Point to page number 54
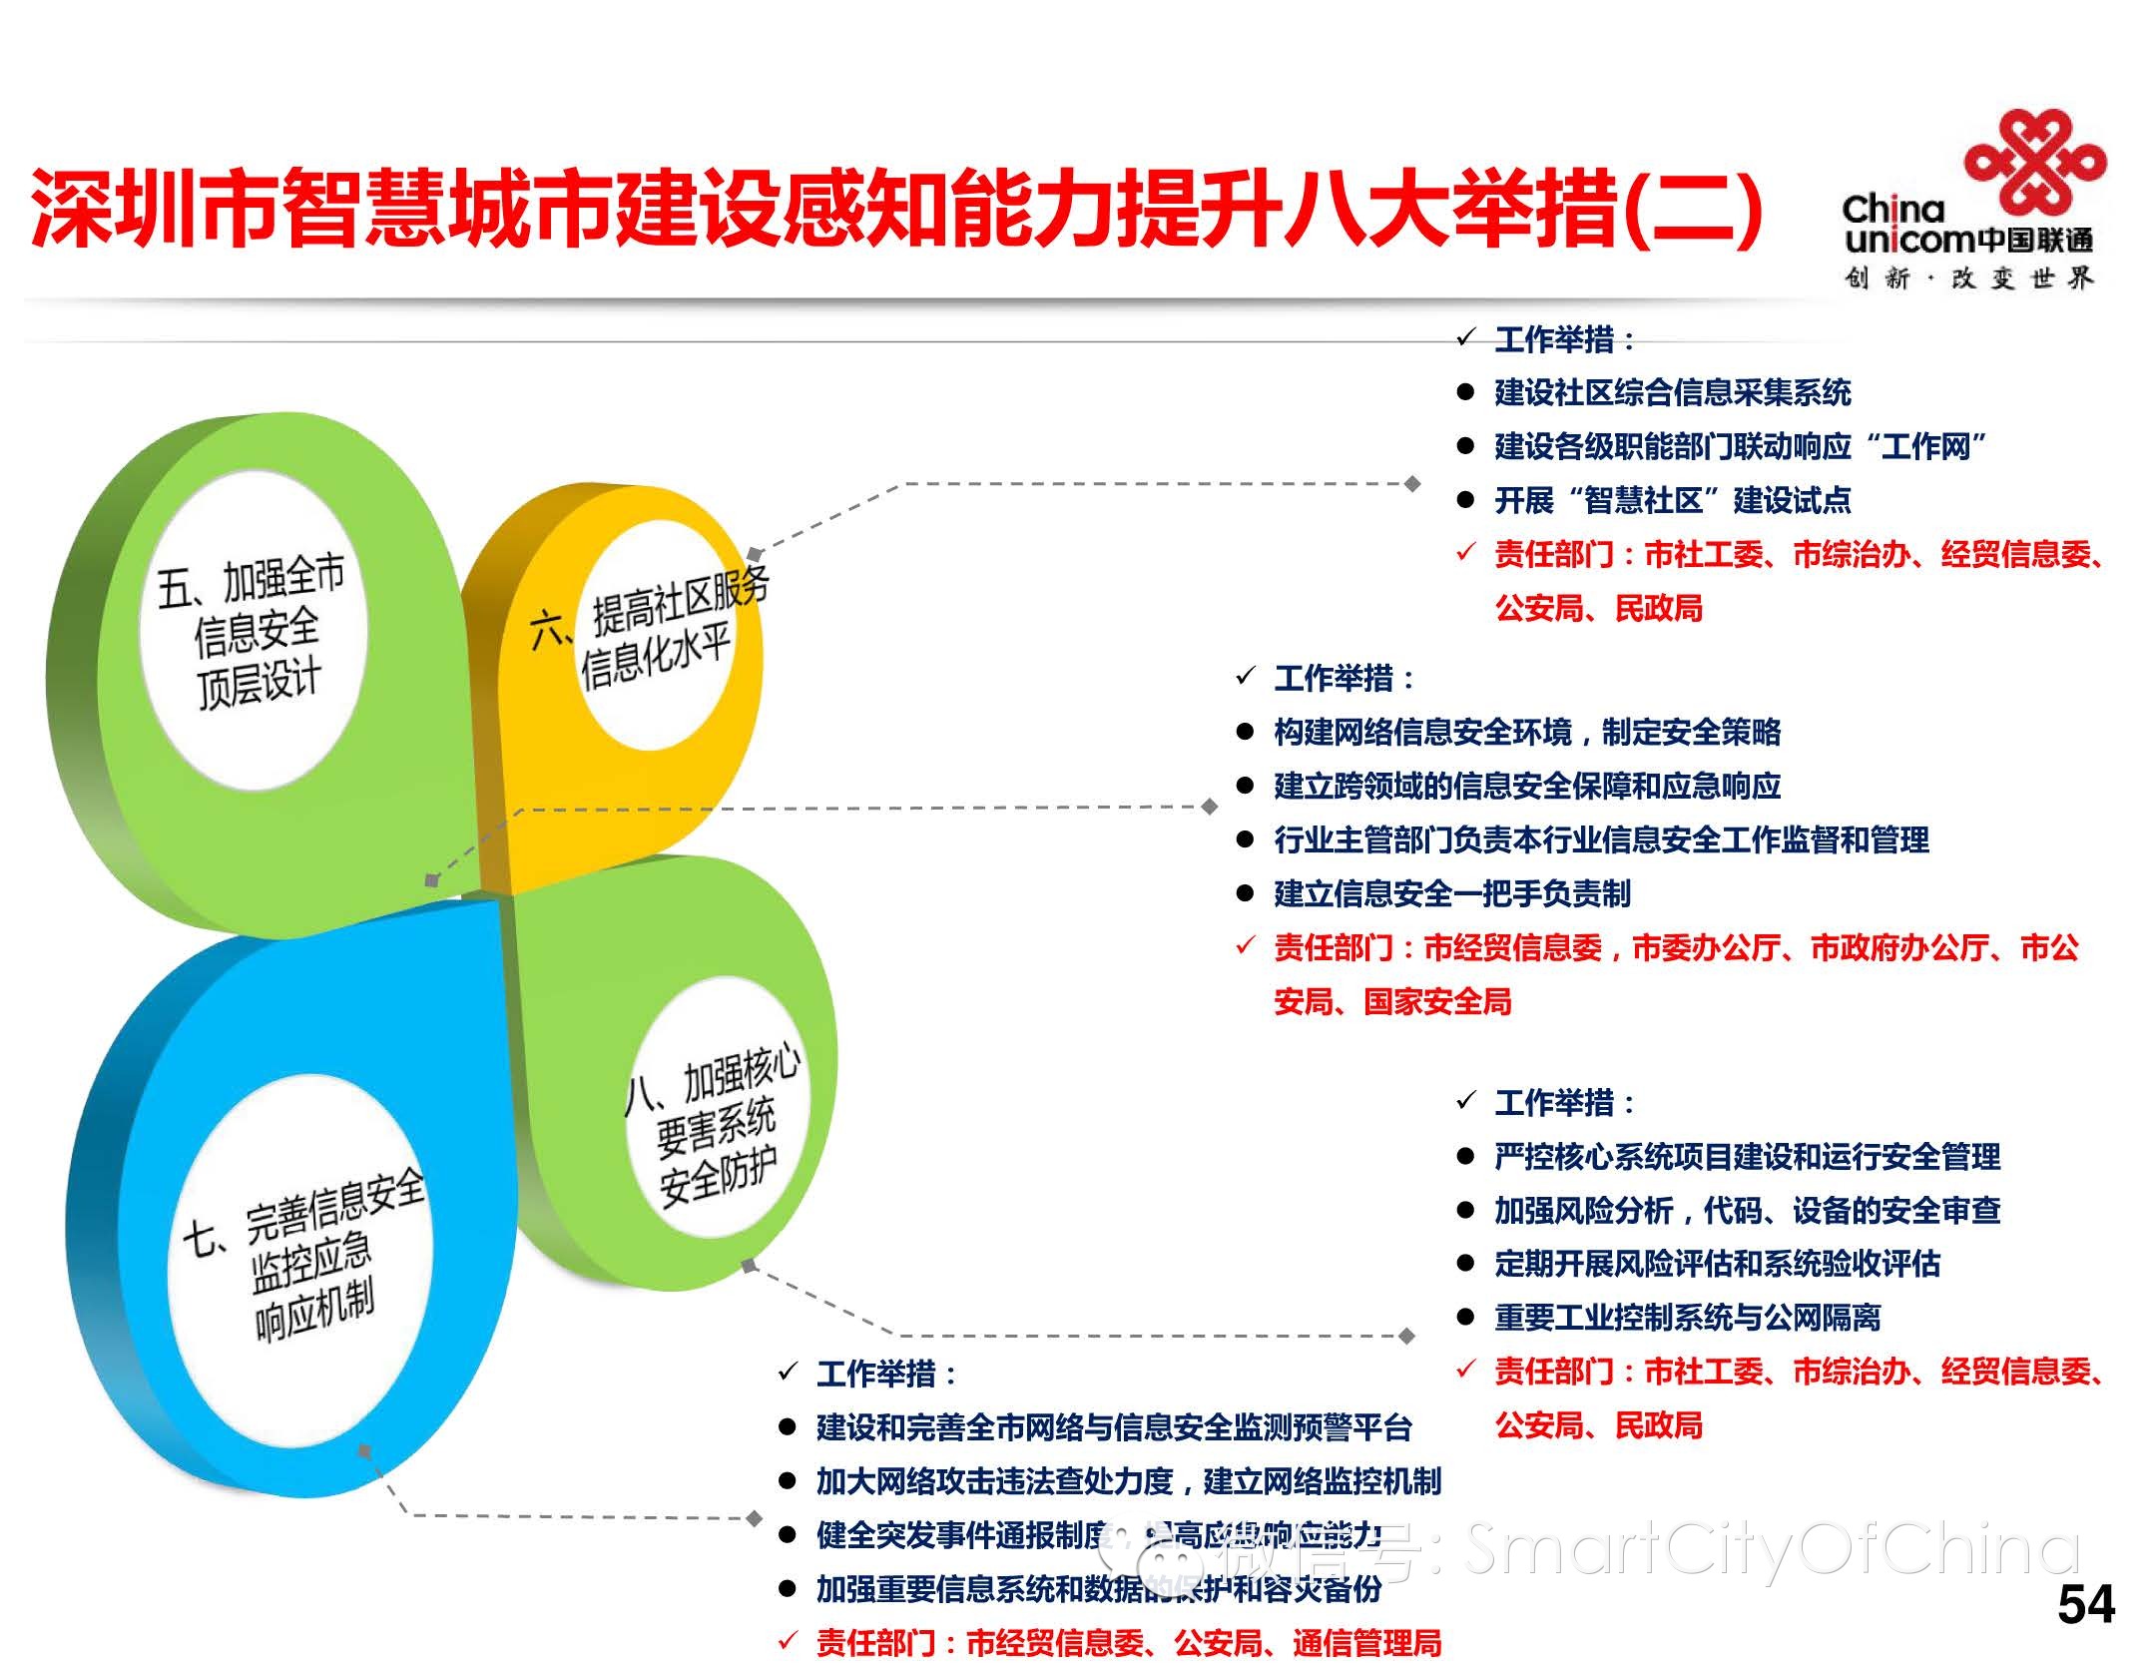2085,1604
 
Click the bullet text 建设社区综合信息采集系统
1672,392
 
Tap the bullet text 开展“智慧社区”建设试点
1672,500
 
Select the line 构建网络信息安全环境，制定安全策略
1527,732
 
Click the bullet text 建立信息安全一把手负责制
1452,893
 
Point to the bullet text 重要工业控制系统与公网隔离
1687,1318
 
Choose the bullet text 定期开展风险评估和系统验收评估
1717,1264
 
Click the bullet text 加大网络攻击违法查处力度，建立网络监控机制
1128,1481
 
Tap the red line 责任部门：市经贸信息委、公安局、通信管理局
1128,1642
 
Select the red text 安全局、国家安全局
1392,1001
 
